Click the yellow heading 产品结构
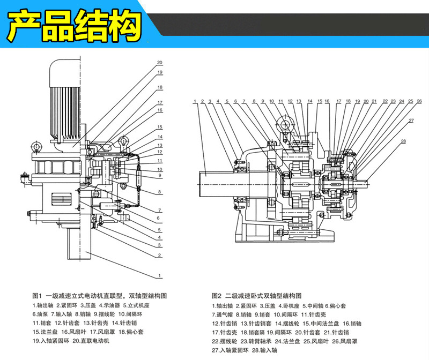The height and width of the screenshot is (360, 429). click(x=75, y=25)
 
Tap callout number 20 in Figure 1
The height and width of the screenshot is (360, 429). click(x=160, y=62)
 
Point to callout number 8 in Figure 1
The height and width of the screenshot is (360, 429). click(x=160, y=191)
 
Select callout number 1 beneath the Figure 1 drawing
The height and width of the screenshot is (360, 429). click(x=160, y=276)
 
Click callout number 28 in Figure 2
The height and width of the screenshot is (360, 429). click(x=403, y=141)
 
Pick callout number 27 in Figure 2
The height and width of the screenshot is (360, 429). click(x=411, y=121)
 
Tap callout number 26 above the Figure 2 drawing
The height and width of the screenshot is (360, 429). click(x=411, y=101)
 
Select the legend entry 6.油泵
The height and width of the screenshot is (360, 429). click(x=42, y=314)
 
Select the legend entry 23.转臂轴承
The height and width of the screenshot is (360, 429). click(x=256, y=341)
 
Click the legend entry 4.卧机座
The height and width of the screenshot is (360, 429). click(x=287, y=305)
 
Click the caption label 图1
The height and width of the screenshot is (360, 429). click(x=37, y=296)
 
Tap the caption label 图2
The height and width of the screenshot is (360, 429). click(x=217, y=296)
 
